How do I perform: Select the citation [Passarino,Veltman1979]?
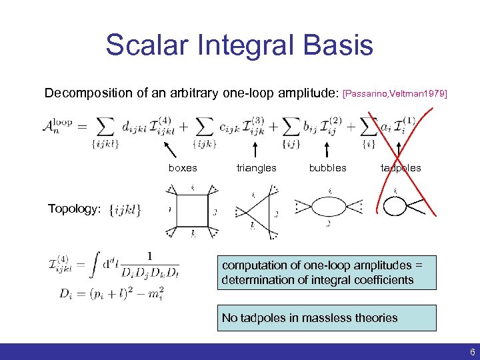395,94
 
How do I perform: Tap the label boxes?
183,168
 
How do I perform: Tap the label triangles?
256,168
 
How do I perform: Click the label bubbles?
327,168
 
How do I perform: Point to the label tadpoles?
401,168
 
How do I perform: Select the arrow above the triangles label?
253,148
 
